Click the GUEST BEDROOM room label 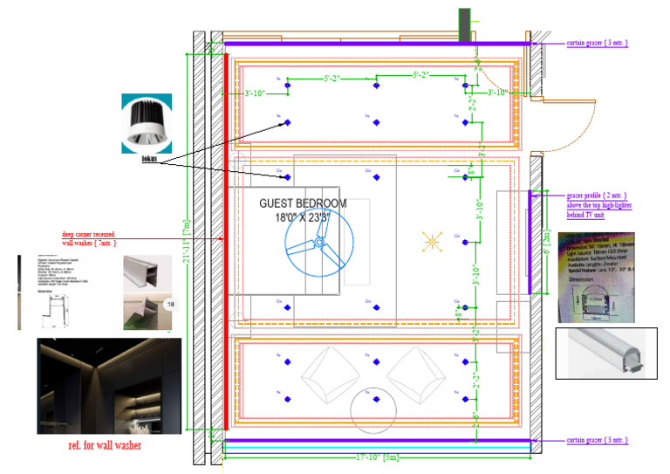(303, 203)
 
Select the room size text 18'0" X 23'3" (303, 218)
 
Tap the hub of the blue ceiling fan (319, 244)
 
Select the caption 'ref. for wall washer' (106, 446)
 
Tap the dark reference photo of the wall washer (109, 386)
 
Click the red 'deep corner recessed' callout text (99, 234)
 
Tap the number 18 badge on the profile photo (170, 303)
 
